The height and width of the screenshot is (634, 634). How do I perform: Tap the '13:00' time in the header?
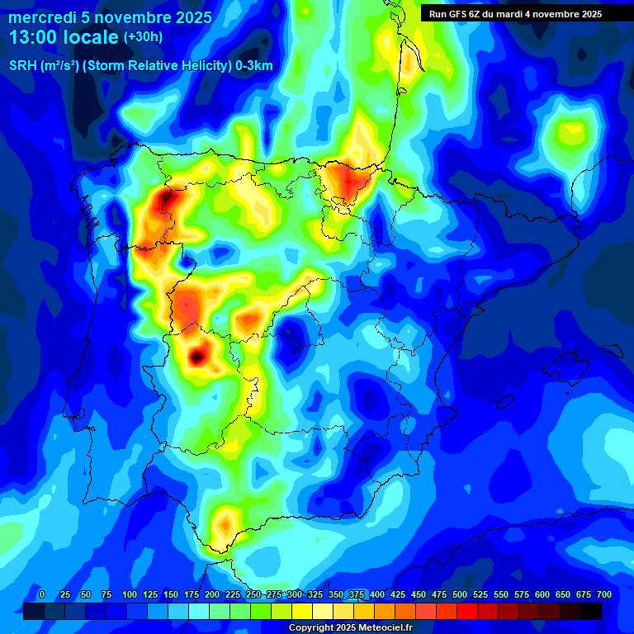point(33,38)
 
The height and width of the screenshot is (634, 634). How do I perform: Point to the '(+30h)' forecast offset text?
point(143,37)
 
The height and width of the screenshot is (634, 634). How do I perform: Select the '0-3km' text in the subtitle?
point(254,66)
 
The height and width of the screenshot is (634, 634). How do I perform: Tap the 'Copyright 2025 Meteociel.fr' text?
point(349,627)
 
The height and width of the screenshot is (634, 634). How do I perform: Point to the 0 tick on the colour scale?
point(41,594)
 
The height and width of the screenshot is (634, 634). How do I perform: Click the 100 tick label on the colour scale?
point(129,594)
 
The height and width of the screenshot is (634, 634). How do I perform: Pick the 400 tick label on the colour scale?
point(377,594)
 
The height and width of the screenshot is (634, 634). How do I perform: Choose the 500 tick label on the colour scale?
point(460,594)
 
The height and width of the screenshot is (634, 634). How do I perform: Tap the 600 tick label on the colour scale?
point(542,594)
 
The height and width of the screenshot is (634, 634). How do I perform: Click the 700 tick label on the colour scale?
point(604,594)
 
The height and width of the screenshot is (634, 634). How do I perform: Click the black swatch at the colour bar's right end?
point(591,611)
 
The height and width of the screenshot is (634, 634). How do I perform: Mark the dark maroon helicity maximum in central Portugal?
point(196,357)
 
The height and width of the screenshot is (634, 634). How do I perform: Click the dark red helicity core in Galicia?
point(166,199)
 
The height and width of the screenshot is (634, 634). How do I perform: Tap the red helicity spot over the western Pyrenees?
point(343,178)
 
